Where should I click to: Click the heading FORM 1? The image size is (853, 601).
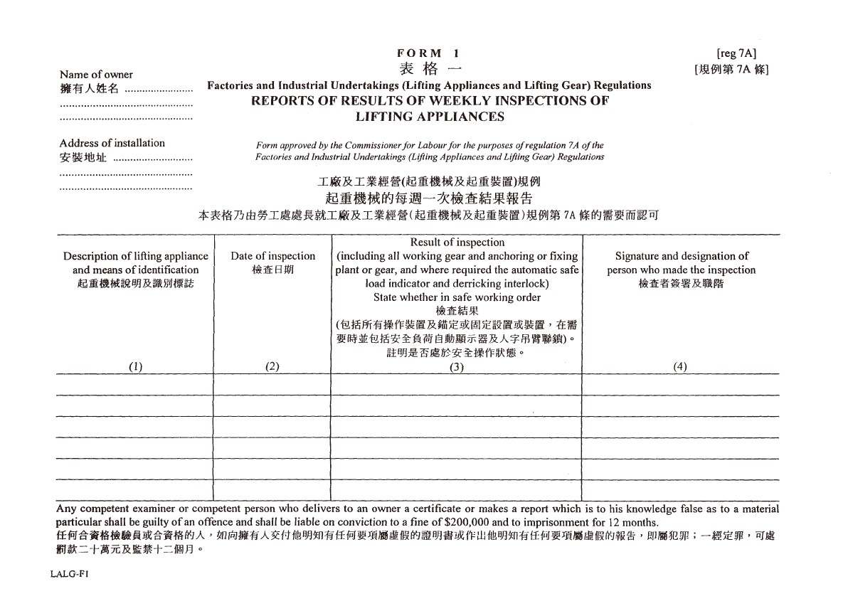click(x=429, y=53)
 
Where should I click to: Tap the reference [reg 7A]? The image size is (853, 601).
click(x=736, y=53)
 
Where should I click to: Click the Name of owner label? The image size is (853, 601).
click(x=96, y=75)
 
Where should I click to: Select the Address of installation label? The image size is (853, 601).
click(x=112, y=143)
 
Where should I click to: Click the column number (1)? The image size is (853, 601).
click(x=135, y=367)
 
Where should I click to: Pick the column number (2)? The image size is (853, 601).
click(x=272, y=367)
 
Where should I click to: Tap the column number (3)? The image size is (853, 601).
click(x=457, y=367)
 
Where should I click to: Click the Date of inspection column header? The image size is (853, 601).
click(x=272, y=256)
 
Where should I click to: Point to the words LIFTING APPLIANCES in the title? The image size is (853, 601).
click(x=430, y=117)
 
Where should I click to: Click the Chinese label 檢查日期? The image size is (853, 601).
click(x=272, y=270)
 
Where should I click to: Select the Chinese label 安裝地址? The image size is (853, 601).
click(x=83, y=158)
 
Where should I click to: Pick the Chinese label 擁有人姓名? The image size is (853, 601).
click(x=89, y=90)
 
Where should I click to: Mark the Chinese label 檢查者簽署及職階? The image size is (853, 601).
click(x=681, y=284)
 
